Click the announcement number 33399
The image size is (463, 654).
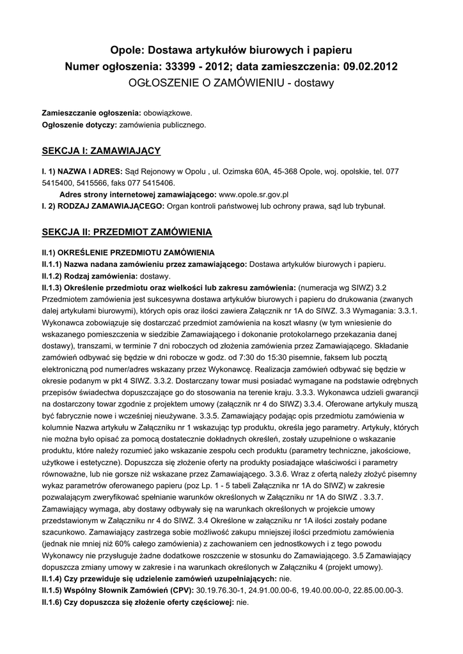[x=184, y=66]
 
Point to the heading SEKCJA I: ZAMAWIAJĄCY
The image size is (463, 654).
[x=101, y=151]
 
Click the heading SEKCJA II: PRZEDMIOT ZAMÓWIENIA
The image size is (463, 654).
[x=127, y=231]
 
